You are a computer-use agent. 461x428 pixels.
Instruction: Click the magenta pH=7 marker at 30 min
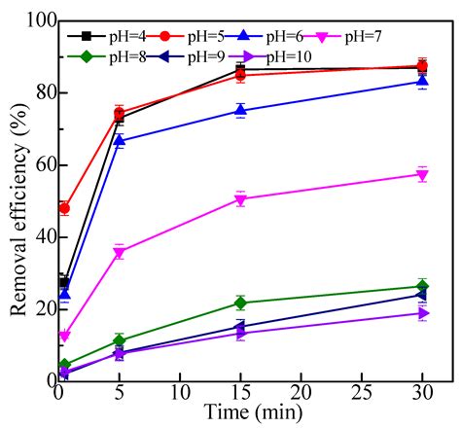421,175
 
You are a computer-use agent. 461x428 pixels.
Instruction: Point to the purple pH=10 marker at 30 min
421,313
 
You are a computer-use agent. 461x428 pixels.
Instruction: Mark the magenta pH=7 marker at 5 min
120,252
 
